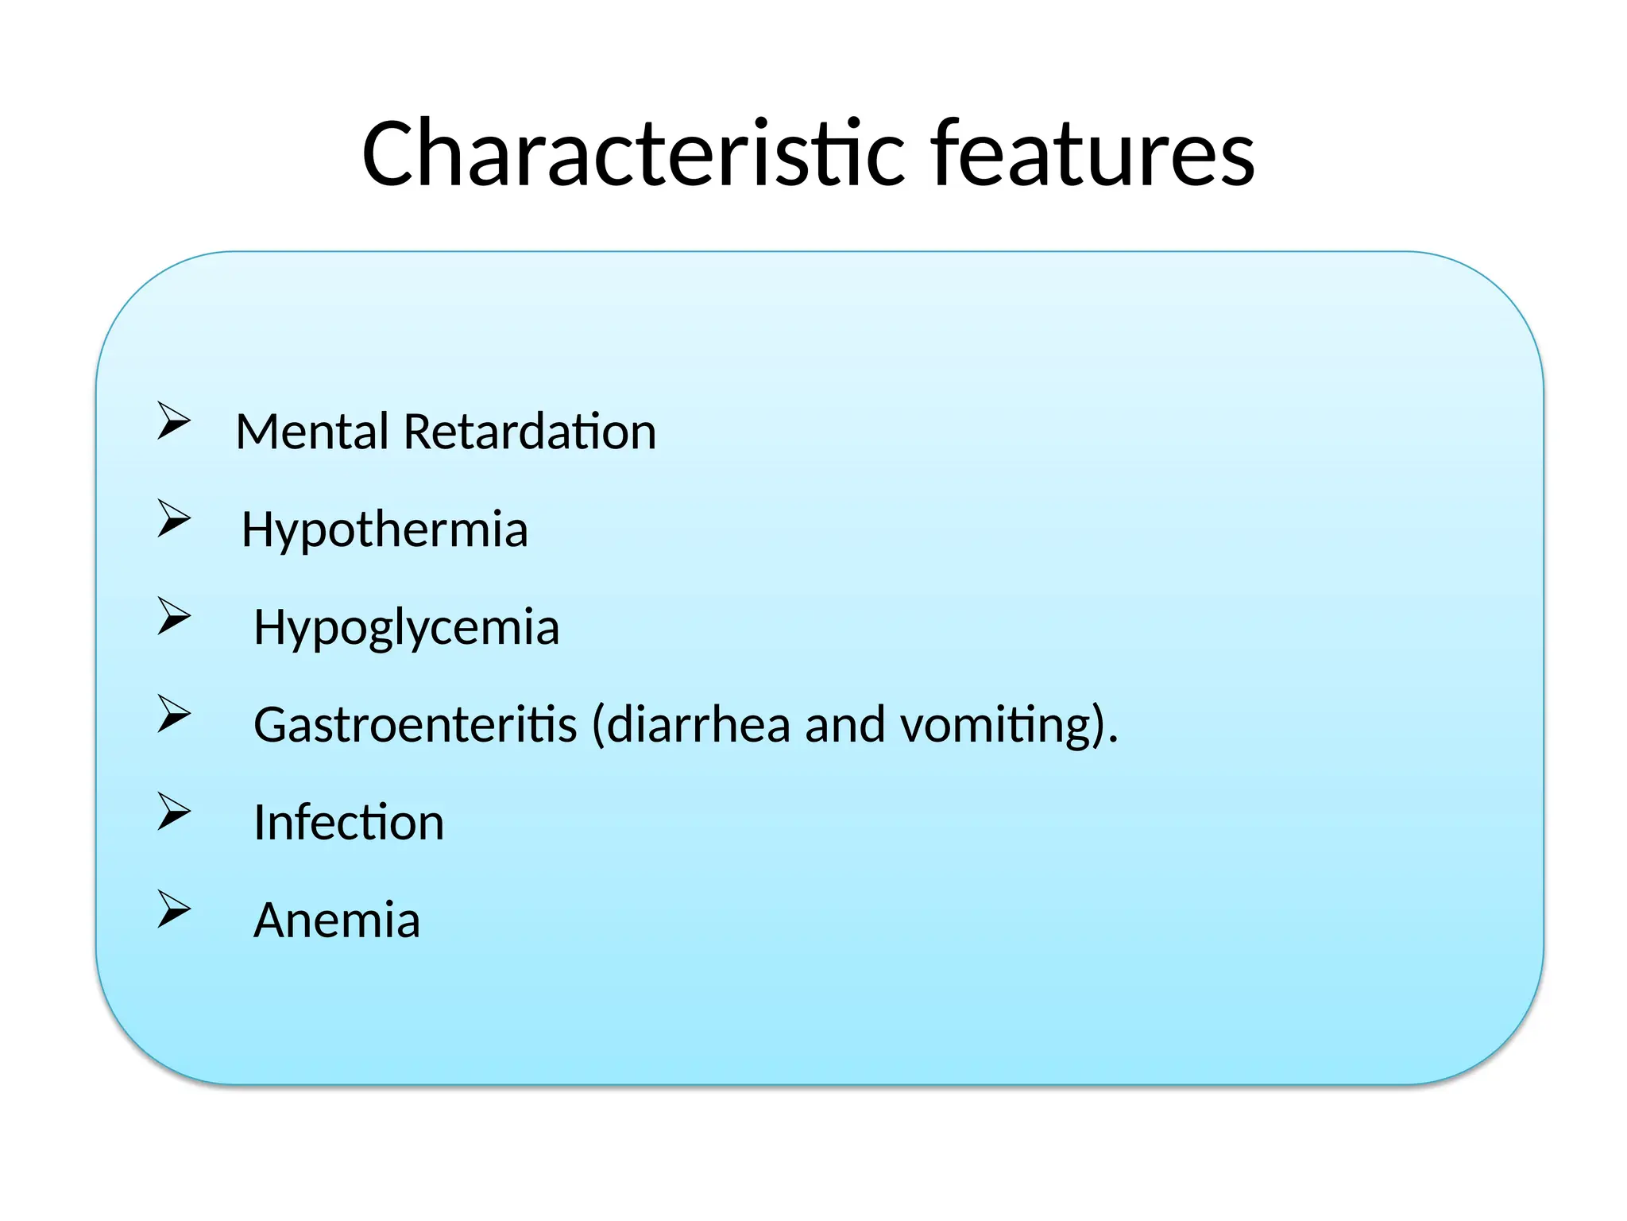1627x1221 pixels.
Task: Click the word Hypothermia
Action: coord(385,530)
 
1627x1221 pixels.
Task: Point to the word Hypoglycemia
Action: coord(406,628)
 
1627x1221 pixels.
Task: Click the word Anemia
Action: coord(336,920)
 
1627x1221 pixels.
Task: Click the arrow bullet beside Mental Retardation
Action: coord(173,421)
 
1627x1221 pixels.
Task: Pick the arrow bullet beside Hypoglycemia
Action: coord(173,616)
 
